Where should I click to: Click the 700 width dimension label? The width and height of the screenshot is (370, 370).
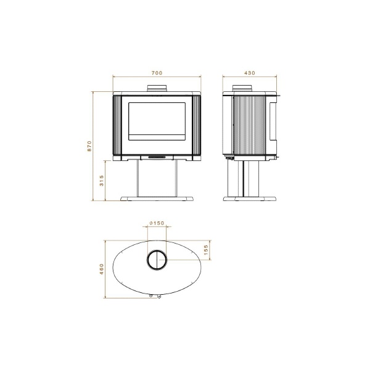[157, 73]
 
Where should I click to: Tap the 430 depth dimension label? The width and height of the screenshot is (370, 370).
[250, 73]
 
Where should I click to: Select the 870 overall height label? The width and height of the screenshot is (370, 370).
[89, 146]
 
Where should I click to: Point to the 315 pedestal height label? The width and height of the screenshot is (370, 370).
[102, 181]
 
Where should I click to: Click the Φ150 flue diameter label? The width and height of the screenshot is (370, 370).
[157, 223]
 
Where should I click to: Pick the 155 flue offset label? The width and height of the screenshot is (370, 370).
[206, 250]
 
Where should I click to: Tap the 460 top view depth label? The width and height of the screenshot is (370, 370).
[102, 269]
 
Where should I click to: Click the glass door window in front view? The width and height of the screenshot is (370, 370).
[157, 121]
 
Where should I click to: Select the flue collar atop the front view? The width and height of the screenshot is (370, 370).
[157, 88]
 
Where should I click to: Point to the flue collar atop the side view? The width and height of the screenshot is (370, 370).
[242, 88]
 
